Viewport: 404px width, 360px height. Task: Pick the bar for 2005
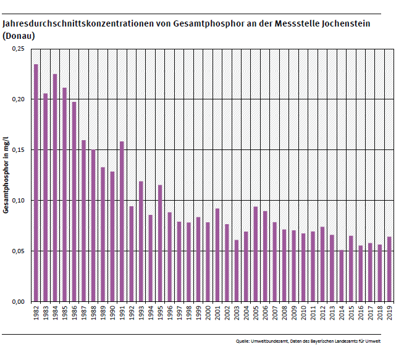255,254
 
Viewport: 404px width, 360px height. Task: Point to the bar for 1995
160,243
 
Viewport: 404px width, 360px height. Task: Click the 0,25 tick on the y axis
18,49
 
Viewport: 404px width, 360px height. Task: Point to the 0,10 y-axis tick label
18,201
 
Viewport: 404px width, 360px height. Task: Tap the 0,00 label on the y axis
18,302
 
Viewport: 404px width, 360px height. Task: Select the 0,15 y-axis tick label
18,150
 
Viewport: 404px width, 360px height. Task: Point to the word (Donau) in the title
19,36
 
